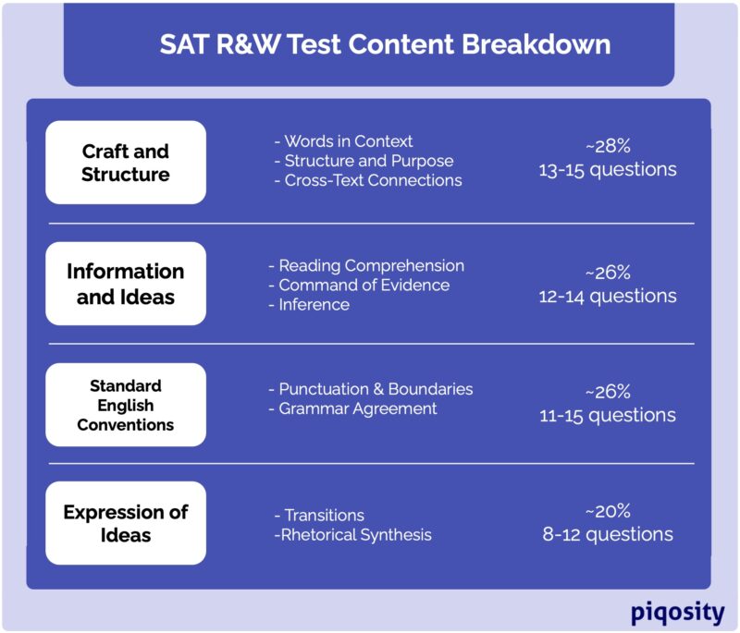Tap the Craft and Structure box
[126, 163]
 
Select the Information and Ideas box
[126, 284]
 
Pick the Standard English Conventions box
[126, 405]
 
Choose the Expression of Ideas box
[126, 523]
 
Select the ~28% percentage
[608, 146]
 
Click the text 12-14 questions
[608, 297]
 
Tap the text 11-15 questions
[608, 415]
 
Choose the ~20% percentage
[608, 511]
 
